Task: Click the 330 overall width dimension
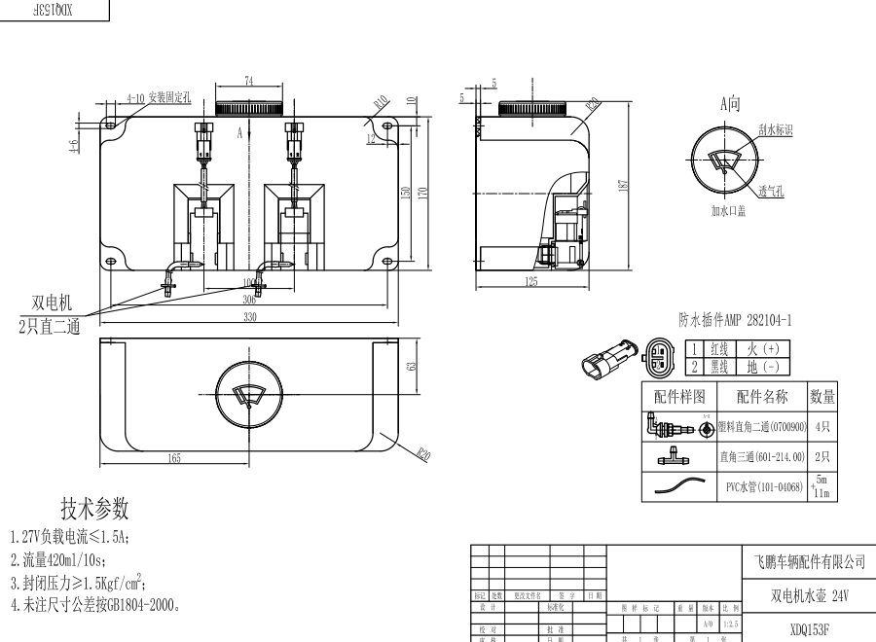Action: point(249,317)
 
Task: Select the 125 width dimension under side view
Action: point(531,282)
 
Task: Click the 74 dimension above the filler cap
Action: point(249,83)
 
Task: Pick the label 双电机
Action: point(52,303)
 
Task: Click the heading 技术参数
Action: point(94,509)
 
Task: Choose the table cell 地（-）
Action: point(764,367)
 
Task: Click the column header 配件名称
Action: point(762,396)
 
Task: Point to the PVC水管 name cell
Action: point(764,486)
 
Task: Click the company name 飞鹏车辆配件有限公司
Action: point(810,562)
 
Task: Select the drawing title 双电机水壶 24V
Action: point(810,594)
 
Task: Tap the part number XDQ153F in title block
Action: point(810,629)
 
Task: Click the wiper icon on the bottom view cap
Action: point(249,396)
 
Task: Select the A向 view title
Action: point(730,102)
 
